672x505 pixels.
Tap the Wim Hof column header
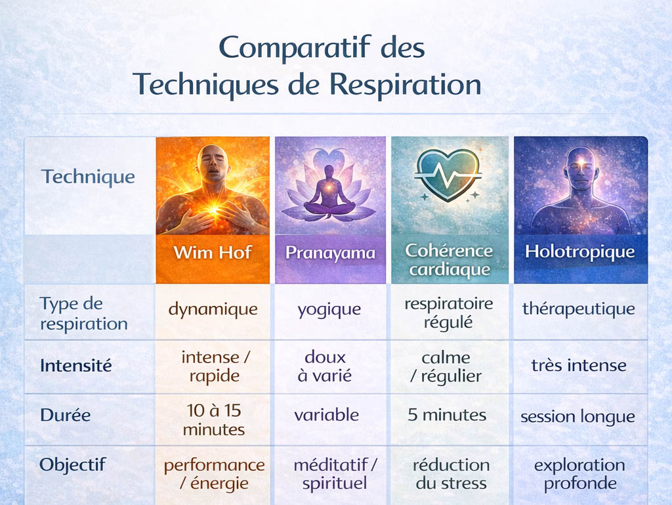tap(213, 253)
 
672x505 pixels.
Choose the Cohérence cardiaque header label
tap(449, 260)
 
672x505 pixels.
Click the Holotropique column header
tap(579, 252)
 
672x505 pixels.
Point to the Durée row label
tap(65, 415)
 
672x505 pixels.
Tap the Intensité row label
tap(75, 365)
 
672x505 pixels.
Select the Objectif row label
tap(72, 465)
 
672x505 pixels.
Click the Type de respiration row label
tap(83, 314)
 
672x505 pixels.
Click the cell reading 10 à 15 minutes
tap(213, 420)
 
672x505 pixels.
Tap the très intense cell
tap(578, 365)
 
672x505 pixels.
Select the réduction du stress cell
tap(451, 474)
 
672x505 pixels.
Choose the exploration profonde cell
tap(579, 474)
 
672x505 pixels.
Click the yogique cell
tap(329, 309)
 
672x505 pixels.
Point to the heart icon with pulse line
tap(449, 173)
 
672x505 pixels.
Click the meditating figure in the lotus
tap(329, 190)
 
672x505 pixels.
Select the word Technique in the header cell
tap(88, 177)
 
